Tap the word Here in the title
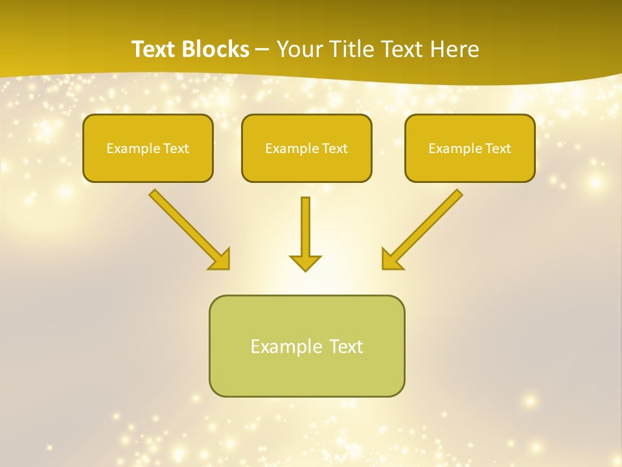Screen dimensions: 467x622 [x=453, y=49]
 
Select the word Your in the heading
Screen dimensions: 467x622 [x=299, y=49]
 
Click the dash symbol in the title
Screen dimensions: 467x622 [x=262, y=49]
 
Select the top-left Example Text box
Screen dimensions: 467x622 [x=148, y=148]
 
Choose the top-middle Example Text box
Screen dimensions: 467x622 [x=306, y=148]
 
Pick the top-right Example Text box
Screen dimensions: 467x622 [x=470, y=148]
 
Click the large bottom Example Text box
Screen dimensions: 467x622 [x=306, y=346]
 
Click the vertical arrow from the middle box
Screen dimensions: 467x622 [x=305, y=227]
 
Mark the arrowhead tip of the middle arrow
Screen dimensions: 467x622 [x=305, y=269]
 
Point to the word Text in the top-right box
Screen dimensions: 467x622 [x=498, y=149]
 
